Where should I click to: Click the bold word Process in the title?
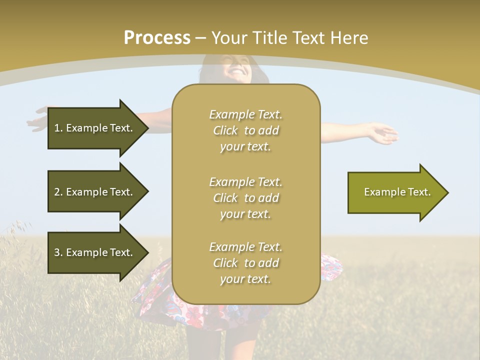coord(157,38)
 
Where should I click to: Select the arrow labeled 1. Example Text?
coord(95,128)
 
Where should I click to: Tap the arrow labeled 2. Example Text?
coord(95,192)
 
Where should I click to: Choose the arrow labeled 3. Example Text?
coord(95,252)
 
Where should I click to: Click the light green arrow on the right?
coord(395,192)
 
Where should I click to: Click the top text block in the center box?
coord(245,130)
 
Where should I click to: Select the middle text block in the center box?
coord(245,198)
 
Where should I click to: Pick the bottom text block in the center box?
coord(245,263)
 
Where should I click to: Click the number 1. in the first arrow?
coord(58,128)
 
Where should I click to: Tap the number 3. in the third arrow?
coord(58,252)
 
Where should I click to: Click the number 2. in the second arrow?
coord(58,192)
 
